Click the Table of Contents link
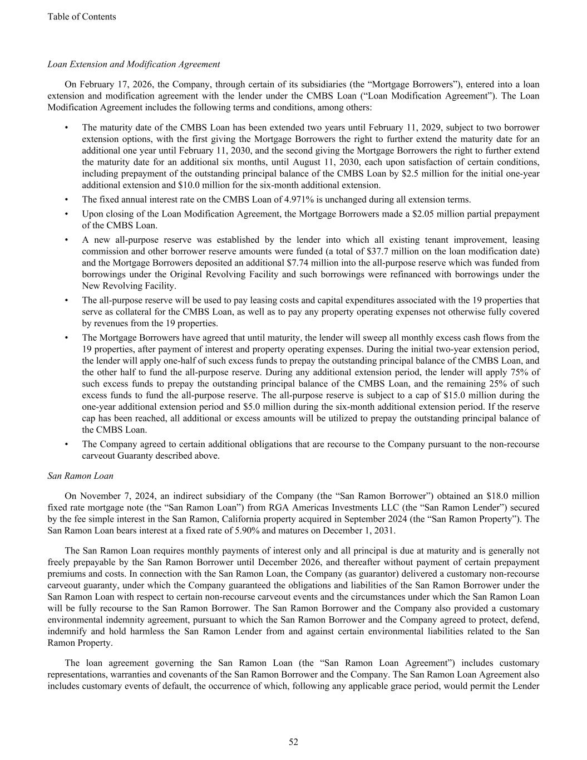coord(82,17)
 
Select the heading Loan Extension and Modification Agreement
coord(134,64)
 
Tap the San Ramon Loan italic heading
coord(80,475)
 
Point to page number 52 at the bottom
coord(293,742)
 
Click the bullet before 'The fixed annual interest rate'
coord(67,199)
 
